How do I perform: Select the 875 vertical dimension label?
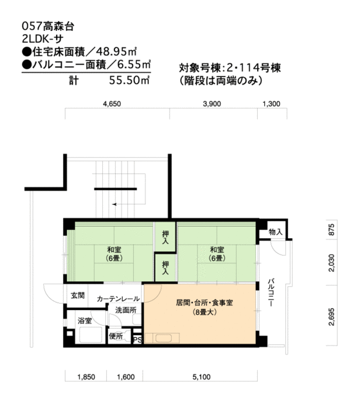coord(332,231)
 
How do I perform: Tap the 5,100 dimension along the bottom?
coord(201,377)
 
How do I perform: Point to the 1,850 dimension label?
coord(86,377)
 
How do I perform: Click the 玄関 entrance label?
coord(77,295)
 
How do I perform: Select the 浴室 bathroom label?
coord(84,320)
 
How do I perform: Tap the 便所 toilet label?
coord(116,335)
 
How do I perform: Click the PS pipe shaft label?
coord(137,339)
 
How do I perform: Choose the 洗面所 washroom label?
coord(125,310)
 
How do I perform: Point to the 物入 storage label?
coord(274,231)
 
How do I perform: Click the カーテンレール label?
coord(118,299)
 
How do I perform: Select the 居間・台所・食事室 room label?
coord(204,302)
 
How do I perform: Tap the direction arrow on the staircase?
coord(114,204)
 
